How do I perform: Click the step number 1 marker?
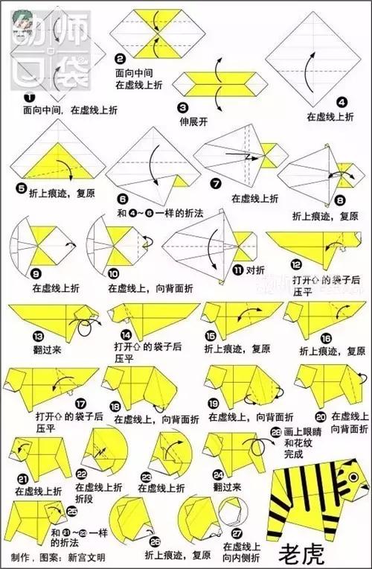(x=28, y=97)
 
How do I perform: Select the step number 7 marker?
(x=217, y=182)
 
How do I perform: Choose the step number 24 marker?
(x=218, y=474)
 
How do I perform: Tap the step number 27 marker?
(x=237, y=533)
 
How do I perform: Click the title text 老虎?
(x=300, y=553)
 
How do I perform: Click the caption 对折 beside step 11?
(x=256, y=270)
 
